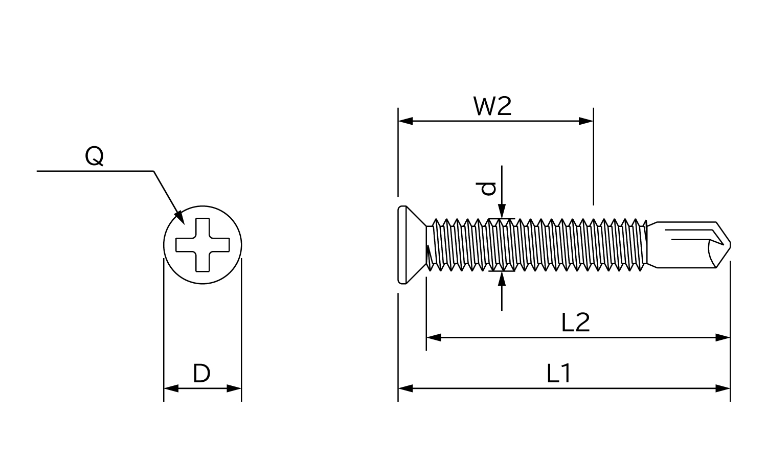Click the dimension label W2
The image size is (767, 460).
point(492,106)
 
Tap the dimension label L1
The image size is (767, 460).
point(558,374)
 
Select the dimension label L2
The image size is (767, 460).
point(575,323)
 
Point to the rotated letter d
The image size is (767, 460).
point(489,189)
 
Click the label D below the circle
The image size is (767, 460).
point(202,374)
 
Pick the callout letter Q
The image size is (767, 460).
point(95,156)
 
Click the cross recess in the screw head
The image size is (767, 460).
point(202,245)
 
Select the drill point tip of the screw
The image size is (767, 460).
point(728,245)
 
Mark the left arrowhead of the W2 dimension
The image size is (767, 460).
point(405,121)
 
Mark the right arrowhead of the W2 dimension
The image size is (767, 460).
point(586,121)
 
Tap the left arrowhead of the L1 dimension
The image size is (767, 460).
point(405,388)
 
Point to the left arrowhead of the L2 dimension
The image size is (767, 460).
point(433,337)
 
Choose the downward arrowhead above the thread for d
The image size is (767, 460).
point(502,212)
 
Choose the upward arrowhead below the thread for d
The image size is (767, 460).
point(502,279)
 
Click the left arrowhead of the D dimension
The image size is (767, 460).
point(170,388)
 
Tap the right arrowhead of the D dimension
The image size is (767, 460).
point(234,388)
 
